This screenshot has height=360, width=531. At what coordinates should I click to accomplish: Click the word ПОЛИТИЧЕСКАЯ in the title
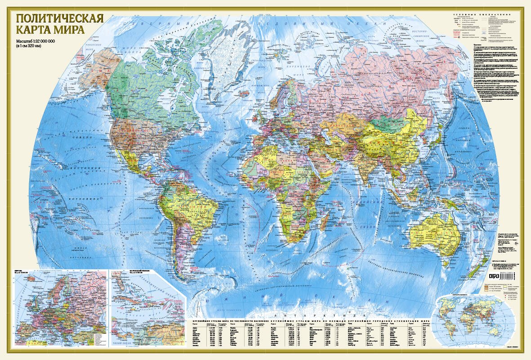pyautogui.click(x=60, y=19)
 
